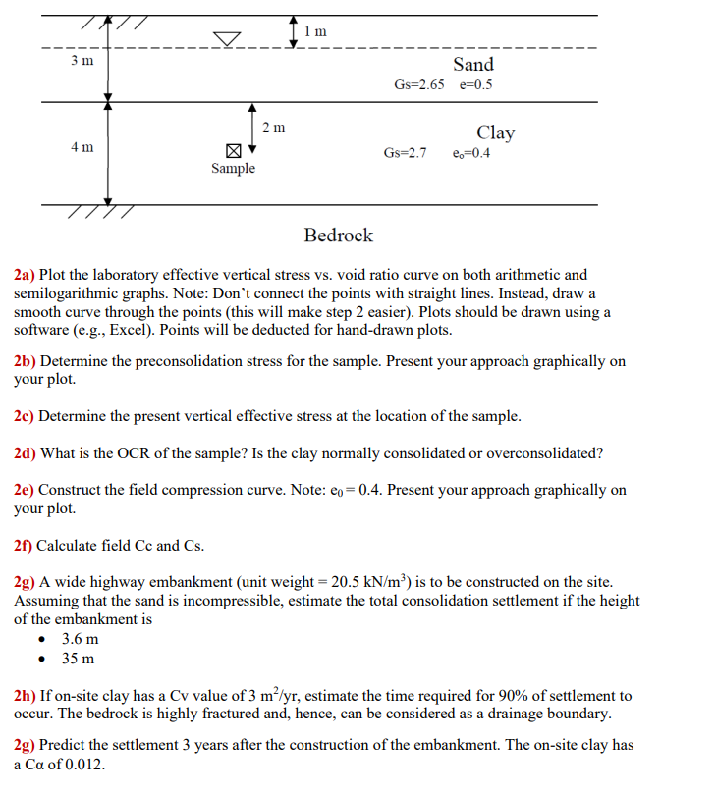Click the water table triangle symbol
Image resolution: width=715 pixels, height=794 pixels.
click(228, 38)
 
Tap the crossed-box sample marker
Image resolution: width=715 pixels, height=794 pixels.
click(233, 151)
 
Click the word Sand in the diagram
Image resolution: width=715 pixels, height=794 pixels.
click(473, 65)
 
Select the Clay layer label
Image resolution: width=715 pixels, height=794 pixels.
click(495, 132)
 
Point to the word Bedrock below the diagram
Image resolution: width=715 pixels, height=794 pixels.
click(339, 236)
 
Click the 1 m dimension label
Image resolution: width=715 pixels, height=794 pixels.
click(315, 31)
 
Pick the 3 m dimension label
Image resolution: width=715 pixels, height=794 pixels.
click(82, 62)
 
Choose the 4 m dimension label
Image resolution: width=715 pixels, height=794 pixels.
click(82, 147)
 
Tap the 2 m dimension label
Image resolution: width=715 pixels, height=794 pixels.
click(275, 127)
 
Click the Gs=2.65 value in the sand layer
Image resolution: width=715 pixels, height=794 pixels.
click(418, 84)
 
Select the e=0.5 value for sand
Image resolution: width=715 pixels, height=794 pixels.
click(476, 84)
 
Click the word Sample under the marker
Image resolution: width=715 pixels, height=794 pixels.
click(233, 169)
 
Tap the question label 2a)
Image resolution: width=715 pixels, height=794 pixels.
click(25, 275)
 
